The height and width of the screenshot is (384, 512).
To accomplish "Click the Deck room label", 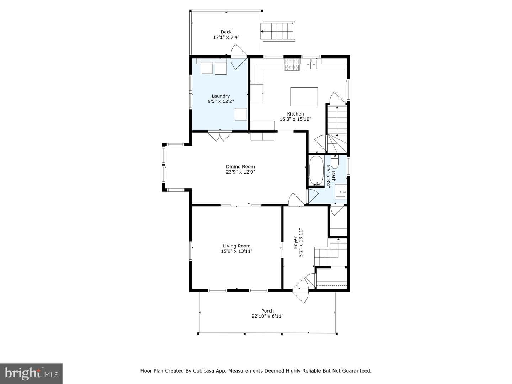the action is [226, 32].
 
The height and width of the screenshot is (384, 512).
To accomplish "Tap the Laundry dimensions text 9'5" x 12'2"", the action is [221, 101].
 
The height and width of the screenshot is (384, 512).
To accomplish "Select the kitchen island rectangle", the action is [304, 97].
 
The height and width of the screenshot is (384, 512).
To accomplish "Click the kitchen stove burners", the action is [292, 65].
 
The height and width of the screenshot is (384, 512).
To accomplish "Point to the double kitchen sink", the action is [311, 64].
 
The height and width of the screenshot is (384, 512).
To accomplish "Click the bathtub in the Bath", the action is [316, 171].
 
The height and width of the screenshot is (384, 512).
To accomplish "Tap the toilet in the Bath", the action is [335, 161].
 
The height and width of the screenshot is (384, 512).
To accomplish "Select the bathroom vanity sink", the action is [341, 192].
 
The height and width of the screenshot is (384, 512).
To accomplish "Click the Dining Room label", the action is [240, 167].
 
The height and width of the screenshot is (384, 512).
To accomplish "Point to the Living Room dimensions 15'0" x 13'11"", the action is [237, 251].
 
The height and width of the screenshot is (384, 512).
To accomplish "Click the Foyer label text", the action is [295, 242].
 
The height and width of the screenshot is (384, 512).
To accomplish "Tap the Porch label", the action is [267, 311].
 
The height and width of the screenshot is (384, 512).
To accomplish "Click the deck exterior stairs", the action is [277, 32].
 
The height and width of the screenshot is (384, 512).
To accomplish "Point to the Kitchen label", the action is [295, 114].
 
